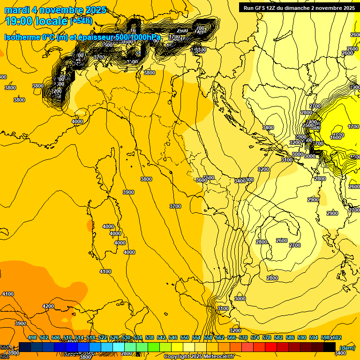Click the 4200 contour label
(48, 306)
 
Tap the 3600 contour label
(202, 180)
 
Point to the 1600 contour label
(336, 137)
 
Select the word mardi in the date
(17, 10)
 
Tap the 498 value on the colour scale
(32, 337)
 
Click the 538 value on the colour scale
(150, 337)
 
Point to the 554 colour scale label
(196, 337)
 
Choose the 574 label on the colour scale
(255, 337)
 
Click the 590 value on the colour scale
(302, 337)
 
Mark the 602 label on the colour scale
(337, 337)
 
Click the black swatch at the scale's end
(330, 347)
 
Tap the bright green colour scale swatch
(154, 347)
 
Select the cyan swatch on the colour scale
(119, 347)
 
